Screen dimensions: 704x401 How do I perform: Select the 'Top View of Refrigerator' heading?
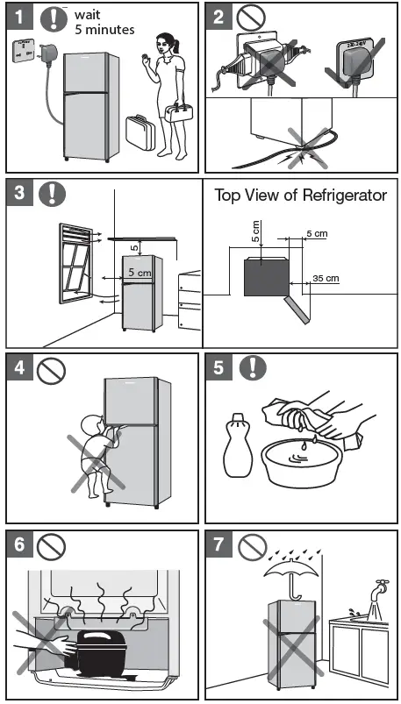[300, 196]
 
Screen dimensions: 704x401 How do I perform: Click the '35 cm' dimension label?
[326, 278]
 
